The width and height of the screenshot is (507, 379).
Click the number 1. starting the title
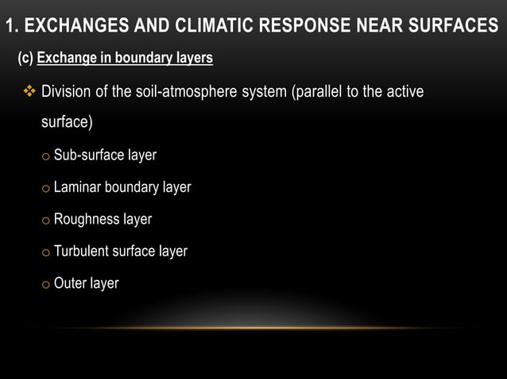point(11,27)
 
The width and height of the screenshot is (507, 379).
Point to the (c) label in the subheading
point(25,59)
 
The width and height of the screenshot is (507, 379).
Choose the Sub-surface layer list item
point(104,155)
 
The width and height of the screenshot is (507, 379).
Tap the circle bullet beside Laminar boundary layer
point(46,189)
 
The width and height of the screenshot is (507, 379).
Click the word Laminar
point(78,188)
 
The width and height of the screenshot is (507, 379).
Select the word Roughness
point(86,220)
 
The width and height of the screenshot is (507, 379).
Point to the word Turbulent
point(82,251)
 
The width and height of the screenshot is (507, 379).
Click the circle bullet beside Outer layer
point(46,285)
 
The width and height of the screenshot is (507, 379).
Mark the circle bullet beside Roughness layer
point(46,220)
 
